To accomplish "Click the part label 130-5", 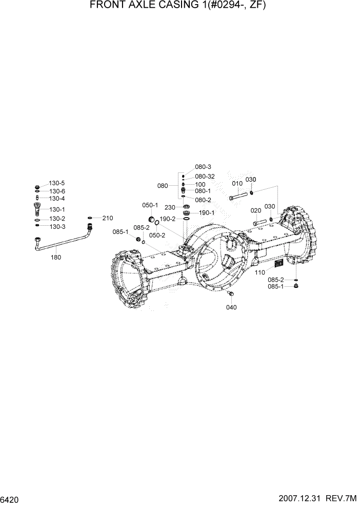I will pyautogui.click(x=57, y=183).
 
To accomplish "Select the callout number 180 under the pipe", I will pyautogui.click(x=55, y=257).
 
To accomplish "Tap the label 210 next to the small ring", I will pyautogui.click(x=107, y=218).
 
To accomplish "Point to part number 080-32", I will pyautogui.click(x=205, y=176).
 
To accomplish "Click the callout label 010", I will pyautogui.click(x=237, y=183).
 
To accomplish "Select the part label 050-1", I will pyautogui.click(x=150, y=205).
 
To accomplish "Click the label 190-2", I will pyautogui.click(x=167, y=219).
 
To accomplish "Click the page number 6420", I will pyautogui.click(x=10, y=499).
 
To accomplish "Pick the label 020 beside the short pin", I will pyautogui.click(x=255, y=210).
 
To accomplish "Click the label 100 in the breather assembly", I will pyautogui.click(x=200, y=184).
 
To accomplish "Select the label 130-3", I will pyautogui.click(x=57, y=226).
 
